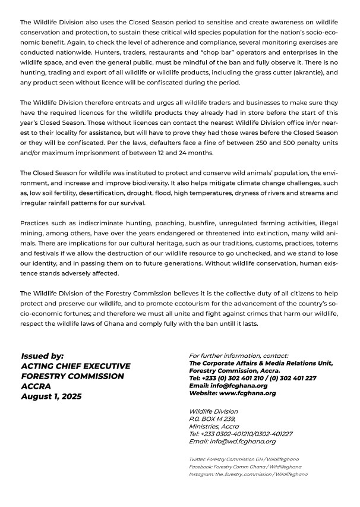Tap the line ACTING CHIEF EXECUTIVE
[75, 366]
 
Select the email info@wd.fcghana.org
[232, 441]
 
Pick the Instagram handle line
[248, 474]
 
